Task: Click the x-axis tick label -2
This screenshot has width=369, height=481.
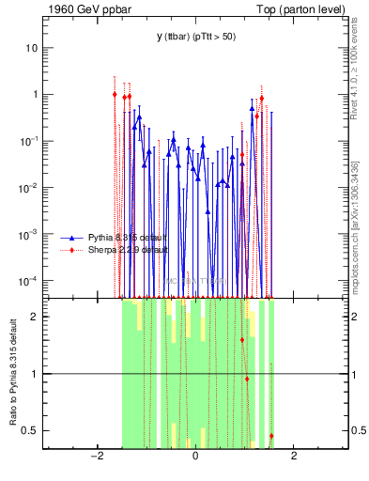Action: (95, 457)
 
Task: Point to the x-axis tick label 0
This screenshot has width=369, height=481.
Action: (195, 457)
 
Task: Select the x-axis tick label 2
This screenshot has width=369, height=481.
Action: (294, 457)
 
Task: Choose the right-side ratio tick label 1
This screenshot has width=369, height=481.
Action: (356, 374)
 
